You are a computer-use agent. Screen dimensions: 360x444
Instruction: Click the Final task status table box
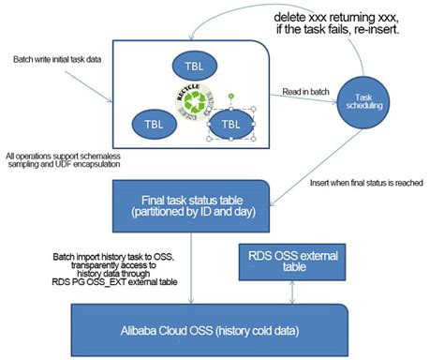[x=192, y=206]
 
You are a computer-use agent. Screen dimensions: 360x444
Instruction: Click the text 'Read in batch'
[x=308, y=92]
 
